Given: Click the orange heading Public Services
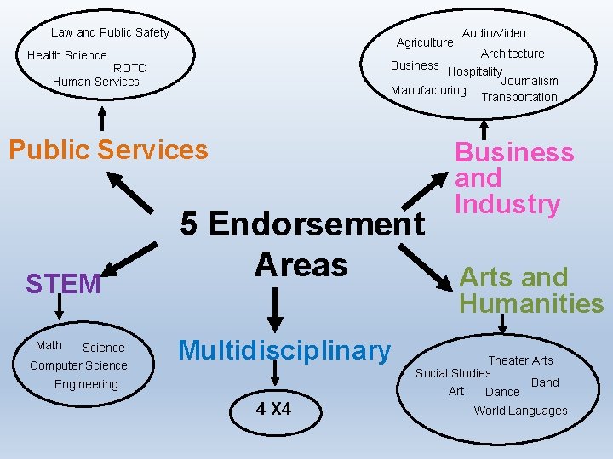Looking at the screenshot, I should [x=108, y=150].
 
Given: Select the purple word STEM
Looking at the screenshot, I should [x=63, y=284].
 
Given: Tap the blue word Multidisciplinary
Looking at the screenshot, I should [x=284, y=349].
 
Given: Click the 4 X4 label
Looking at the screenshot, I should [x=274, y=410].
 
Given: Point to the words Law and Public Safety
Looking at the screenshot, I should [x=110, y=32].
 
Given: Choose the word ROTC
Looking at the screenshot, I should [x=129, y=68].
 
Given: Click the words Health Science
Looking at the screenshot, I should [x=67, y=55].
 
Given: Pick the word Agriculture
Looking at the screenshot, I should [x=425, y=42].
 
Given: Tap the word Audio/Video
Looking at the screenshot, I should [x=494, y=33].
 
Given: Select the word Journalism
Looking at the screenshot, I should [x=530, y=81].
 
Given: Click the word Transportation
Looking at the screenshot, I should [x=519, y=97].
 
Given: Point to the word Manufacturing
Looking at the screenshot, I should [x=428, y=90].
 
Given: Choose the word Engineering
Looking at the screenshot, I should [x=86, y=384].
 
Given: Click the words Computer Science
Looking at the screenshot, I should [x=78, y=365].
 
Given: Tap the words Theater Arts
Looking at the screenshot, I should [x=520, y=360].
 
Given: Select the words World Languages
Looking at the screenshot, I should [x=520, y=411].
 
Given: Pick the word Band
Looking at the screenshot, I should [x=545, y=382].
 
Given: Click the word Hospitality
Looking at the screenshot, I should [x=475, y=72].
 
